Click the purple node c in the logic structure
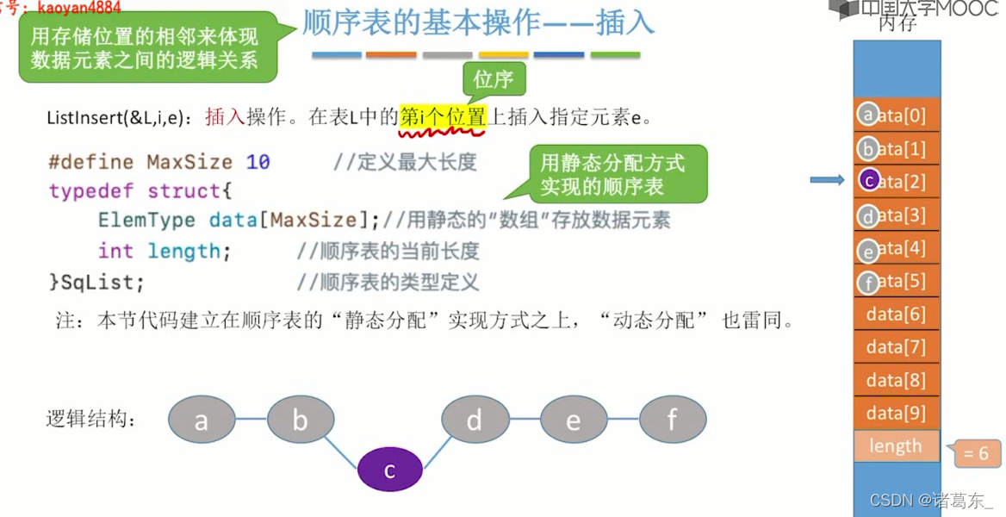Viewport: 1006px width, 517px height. click(x=389, y=470)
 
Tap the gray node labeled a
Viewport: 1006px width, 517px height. click(x=201, y=420)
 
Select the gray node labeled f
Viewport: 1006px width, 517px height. click(x=672, y=420)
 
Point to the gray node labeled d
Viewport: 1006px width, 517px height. click(x=475, y=420)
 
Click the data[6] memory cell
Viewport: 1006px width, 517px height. click(x=896, y=315)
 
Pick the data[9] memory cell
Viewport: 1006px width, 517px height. click(x=896, y=413)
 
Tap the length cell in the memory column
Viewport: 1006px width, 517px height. click(x=896, y=446)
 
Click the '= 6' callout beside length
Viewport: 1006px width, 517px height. click(x=977, y=453)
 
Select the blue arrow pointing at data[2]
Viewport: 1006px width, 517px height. click(x=827, y=180)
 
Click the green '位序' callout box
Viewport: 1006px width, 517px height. click(x=494, y=80)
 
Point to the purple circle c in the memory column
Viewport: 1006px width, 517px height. click(x=869, y=180)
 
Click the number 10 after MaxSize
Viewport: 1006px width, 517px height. click(x=258, y=162)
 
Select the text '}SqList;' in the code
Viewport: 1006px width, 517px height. click(x=96, y=281)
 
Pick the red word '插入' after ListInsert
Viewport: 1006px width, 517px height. click(x=224, y=117)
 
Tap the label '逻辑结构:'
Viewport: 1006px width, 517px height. click(x=90, y=420)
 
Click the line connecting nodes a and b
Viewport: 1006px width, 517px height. click(x=251, y=420)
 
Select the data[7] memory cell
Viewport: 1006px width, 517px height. click(x=896, y=347)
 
